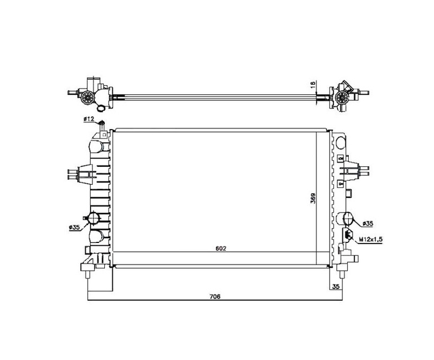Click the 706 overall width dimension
pos(215,296)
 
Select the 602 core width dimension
pos(221,248)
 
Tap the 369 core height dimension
pos(313,198)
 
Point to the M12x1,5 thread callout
pos(370,239)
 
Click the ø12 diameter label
pos(89,119)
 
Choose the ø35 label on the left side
pos(74,227)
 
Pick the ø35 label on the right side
pos(367,223)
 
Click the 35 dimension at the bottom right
pos(336,286)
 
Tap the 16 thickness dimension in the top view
pos(313,85)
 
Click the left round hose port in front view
pos(94,217)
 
